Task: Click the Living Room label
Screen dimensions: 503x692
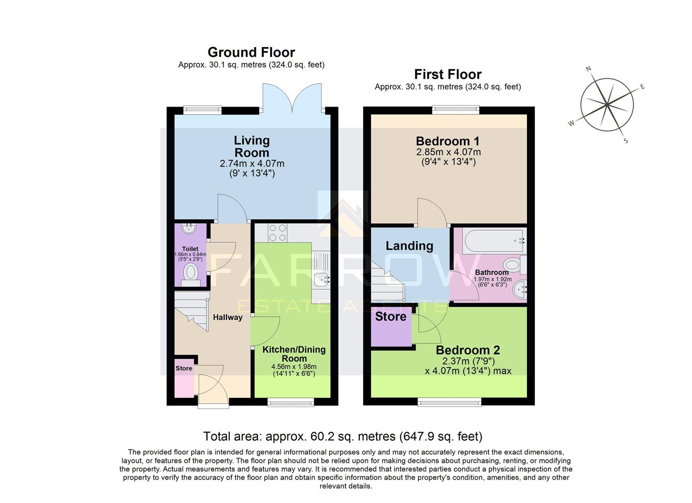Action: [252, 146]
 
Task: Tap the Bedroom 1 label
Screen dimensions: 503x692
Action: [447, 141]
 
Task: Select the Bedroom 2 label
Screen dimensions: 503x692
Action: [468, 350]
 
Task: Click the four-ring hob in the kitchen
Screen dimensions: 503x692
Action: [277, 233]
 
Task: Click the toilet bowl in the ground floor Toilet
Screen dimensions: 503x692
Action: [190, 272]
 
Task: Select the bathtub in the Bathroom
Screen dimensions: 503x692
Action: [494, 241]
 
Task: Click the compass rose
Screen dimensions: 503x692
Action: [607, 104]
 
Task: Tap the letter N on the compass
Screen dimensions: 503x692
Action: [588, 69]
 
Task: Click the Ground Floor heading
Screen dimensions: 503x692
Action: [251, 52]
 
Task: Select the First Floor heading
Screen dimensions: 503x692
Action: [447, 74]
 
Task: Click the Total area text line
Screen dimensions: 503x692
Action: [343, 436]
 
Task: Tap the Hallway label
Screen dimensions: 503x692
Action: [227, 317]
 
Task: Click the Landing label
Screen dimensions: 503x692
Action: [409, 246]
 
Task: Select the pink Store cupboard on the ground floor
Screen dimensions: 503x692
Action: [184, 378]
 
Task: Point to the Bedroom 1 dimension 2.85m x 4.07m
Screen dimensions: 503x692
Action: [448, 152]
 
